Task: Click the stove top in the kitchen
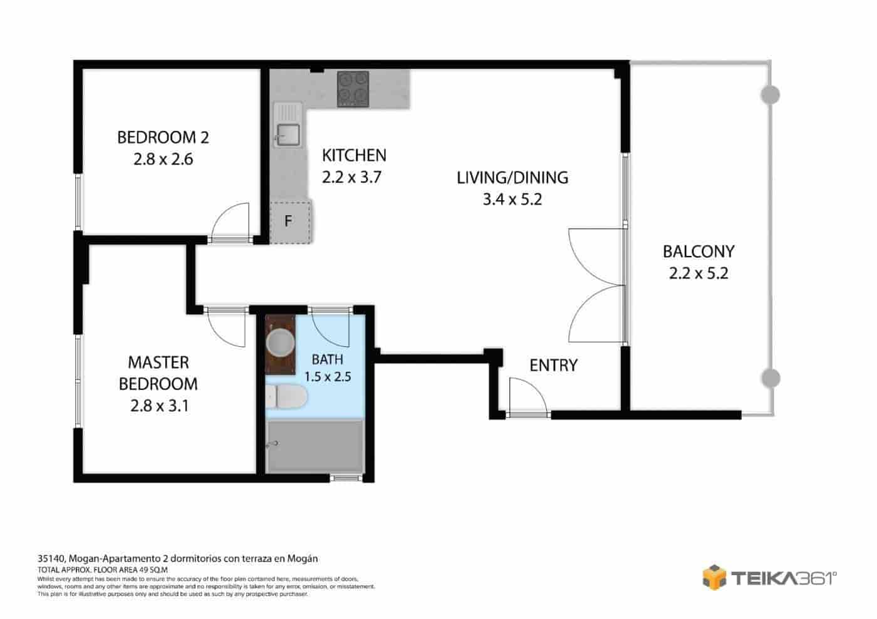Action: (x=353, y=89)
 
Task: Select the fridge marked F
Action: (x=289, y=221)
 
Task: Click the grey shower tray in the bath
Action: (x=314, y=446)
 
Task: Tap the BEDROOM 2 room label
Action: (x=163, y=137)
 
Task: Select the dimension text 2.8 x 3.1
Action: (x=160, y=406)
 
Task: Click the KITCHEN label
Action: (x=354, y=155)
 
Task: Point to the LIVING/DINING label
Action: (x=512, y=177)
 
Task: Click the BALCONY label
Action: (x=698, y=252)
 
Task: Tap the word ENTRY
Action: (x=553, y=365)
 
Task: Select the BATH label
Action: (x=327, y=359)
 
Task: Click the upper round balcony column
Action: (x=770, y=95)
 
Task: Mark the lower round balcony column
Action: (x=770, y=378)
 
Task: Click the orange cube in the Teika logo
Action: (x=714, y=576)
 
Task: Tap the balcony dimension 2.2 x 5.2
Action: (x=698, y=274)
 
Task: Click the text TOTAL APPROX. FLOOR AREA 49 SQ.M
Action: (x=99, y=570)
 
